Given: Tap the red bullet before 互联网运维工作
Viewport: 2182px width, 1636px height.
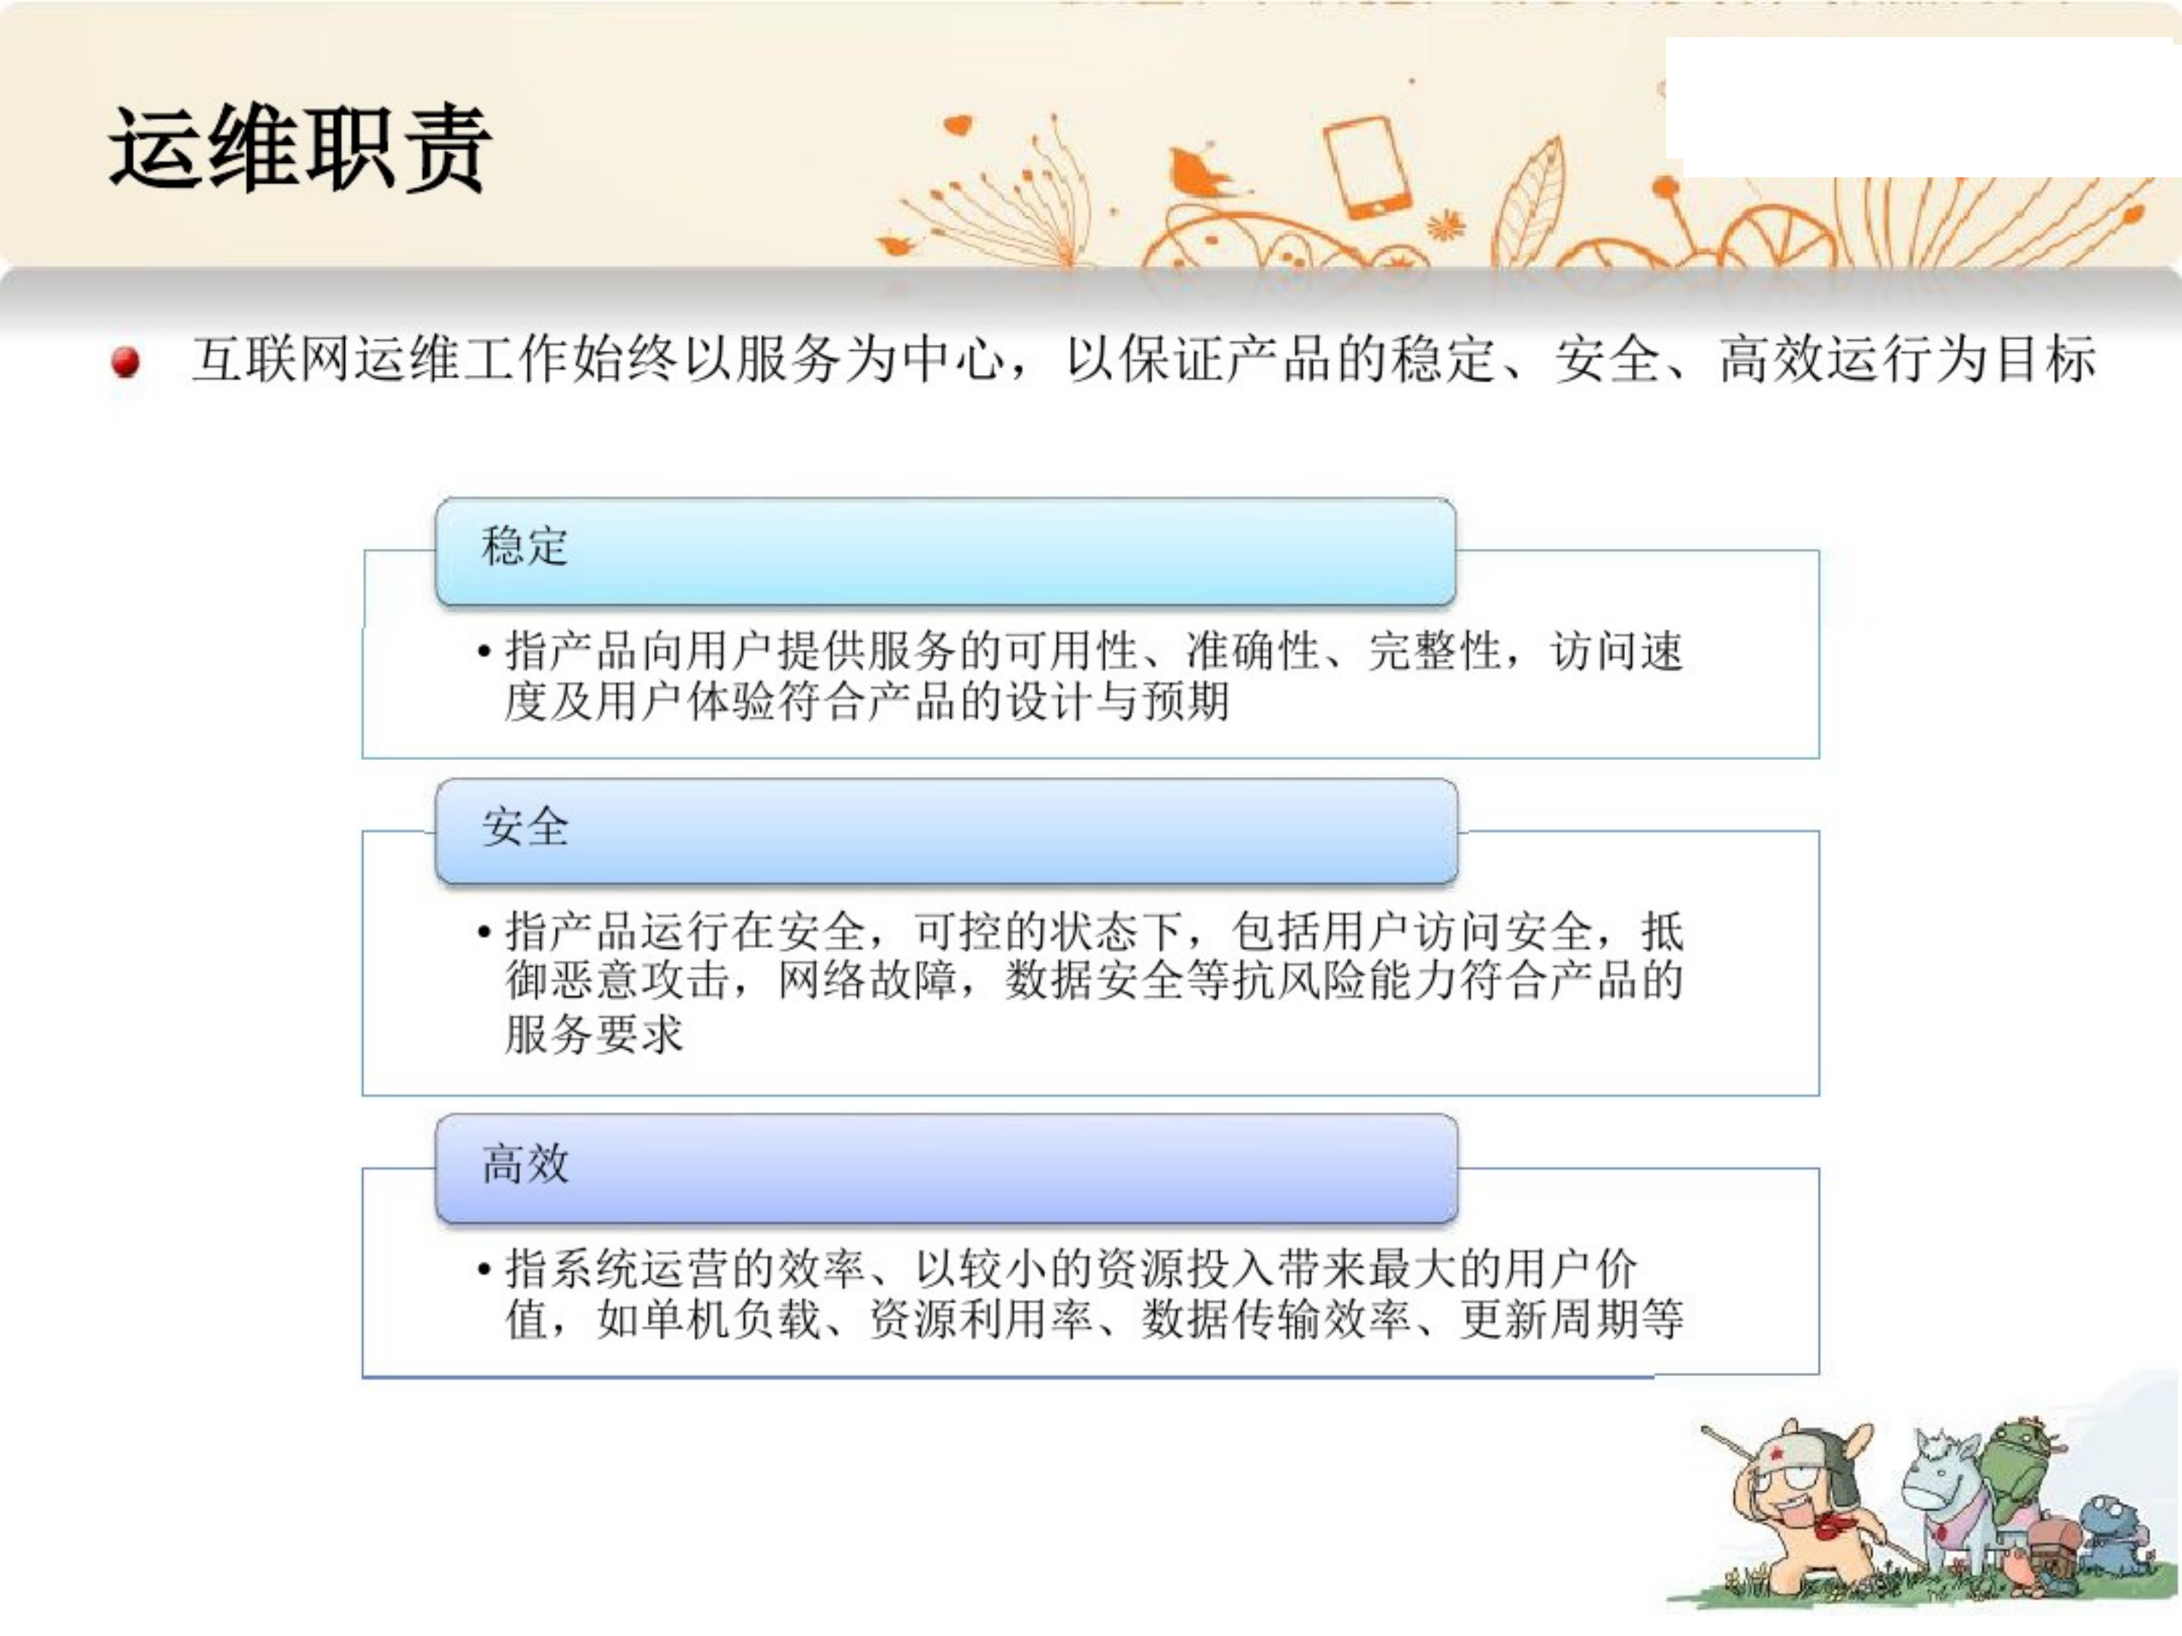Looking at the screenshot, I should [125, 362].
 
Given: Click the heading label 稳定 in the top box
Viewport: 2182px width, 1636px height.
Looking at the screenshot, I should [524, 546].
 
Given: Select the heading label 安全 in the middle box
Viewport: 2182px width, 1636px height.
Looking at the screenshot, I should [524, 827].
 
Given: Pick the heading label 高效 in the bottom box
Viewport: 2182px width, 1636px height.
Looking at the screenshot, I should [524, 1164].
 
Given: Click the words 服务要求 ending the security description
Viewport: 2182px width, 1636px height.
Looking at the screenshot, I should [593, 1034].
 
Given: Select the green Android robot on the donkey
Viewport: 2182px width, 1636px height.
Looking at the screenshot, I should [2018, 1460].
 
